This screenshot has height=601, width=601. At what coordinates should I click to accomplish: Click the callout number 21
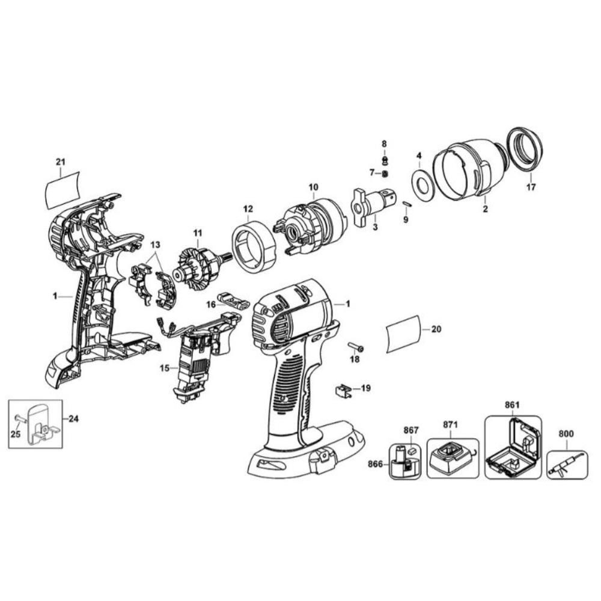(61, 162)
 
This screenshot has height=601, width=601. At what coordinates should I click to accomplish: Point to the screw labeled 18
(356, 347)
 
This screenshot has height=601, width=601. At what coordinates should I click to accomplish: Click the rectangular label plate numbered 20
(403, 333)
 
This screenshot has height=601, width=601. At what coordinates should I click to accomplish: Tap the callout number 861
(512, 405)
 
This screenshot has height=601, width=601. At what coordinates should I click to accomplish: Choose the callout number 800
(566, 434)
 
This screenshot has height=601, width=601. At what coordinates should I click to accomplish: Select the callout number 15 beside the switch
(165, 368)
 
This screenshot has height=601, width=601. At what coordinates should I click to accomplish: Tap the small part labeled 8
(385, 159)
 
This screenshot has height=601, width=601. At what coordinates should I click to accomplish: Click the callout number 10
(313, 188)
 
